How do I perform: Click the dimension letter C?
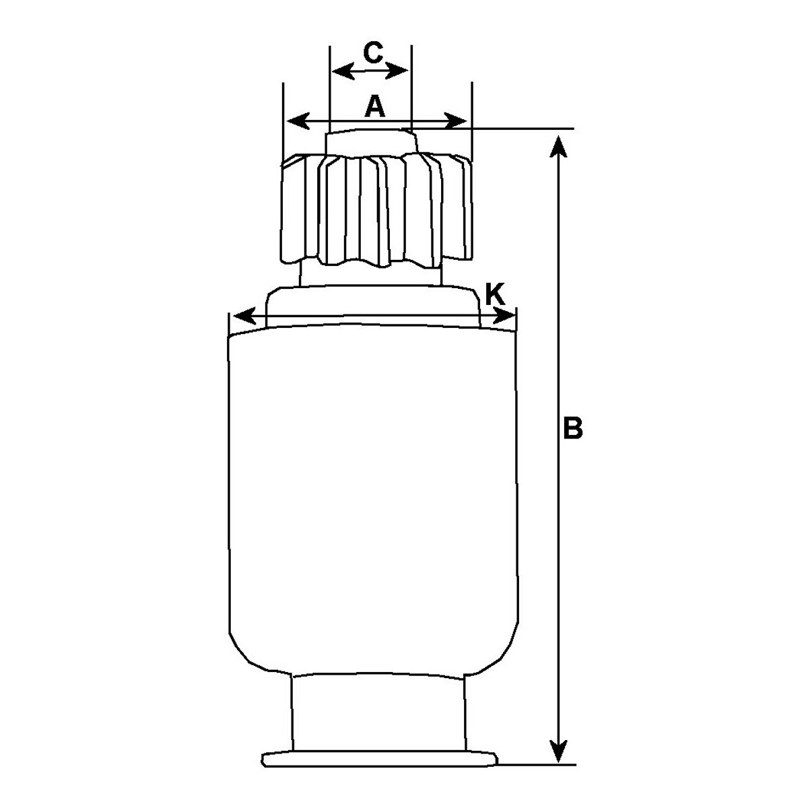click(373, 52)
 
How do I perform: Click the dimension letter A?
click(375, 106)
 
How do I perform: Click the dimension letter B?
click(573, 428)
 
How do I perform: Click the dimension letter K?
click(495, 294)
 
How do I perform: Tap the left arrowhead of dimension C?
click(343, 71)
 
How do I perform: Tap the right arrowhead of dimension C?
click(396, 70)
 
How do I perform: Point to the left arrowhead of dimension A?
click(298, 121)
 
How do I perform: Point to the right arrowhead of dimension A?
click(455, 121)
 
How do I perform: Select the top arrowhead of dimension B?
click(558, 146)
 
